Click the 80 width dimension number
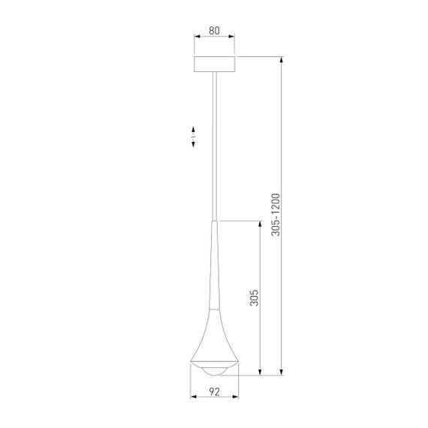click(214, 32)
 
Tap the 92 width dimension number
click(214, 391)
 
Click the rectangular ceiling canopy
click(214, 64)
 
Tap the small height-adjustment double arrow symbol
click(192, 137)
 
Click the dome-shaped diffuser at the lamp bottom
click(214, 369)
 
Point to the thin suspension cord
click(215, 143)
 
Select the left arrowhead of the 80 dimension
click(197, 38)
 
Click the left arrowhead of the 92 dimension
click(192, 397)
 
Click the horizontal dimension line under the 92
click(214, 397)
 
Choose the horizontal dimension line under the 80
click(214, 38)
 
